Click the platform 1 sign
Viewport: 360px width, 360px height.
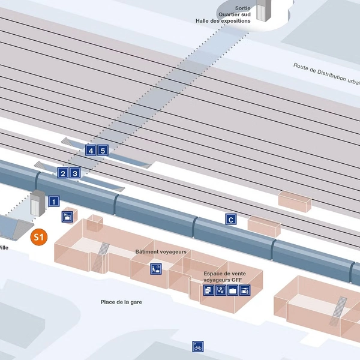coord(54,202)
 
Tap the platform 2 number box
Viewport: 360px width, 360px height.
coord(62,174)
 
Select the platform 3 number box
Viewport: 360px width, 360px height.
coord(74,174)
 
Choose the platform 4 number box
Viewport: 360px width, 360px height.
coord(91,151)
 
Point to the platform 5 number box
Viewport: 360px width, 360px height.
coord(103,151)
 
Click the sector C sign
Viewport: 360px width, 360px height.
coord(230,220)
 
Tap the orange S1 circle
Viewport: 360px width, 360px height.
coord(39,238)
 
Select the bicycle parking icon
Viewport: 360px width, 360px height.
coord(198,346)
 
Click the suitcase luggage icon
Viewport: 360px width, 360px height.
coord(233,290)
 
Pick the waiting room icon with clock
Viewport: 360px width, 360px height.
coord(155,269)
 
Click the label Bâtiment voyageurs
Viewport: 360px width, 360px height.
coord(161,251)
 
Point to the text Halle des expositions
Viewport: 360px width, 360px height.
coord(223,20)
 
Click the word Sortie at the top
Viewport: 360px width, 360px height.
coord(242,8)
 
